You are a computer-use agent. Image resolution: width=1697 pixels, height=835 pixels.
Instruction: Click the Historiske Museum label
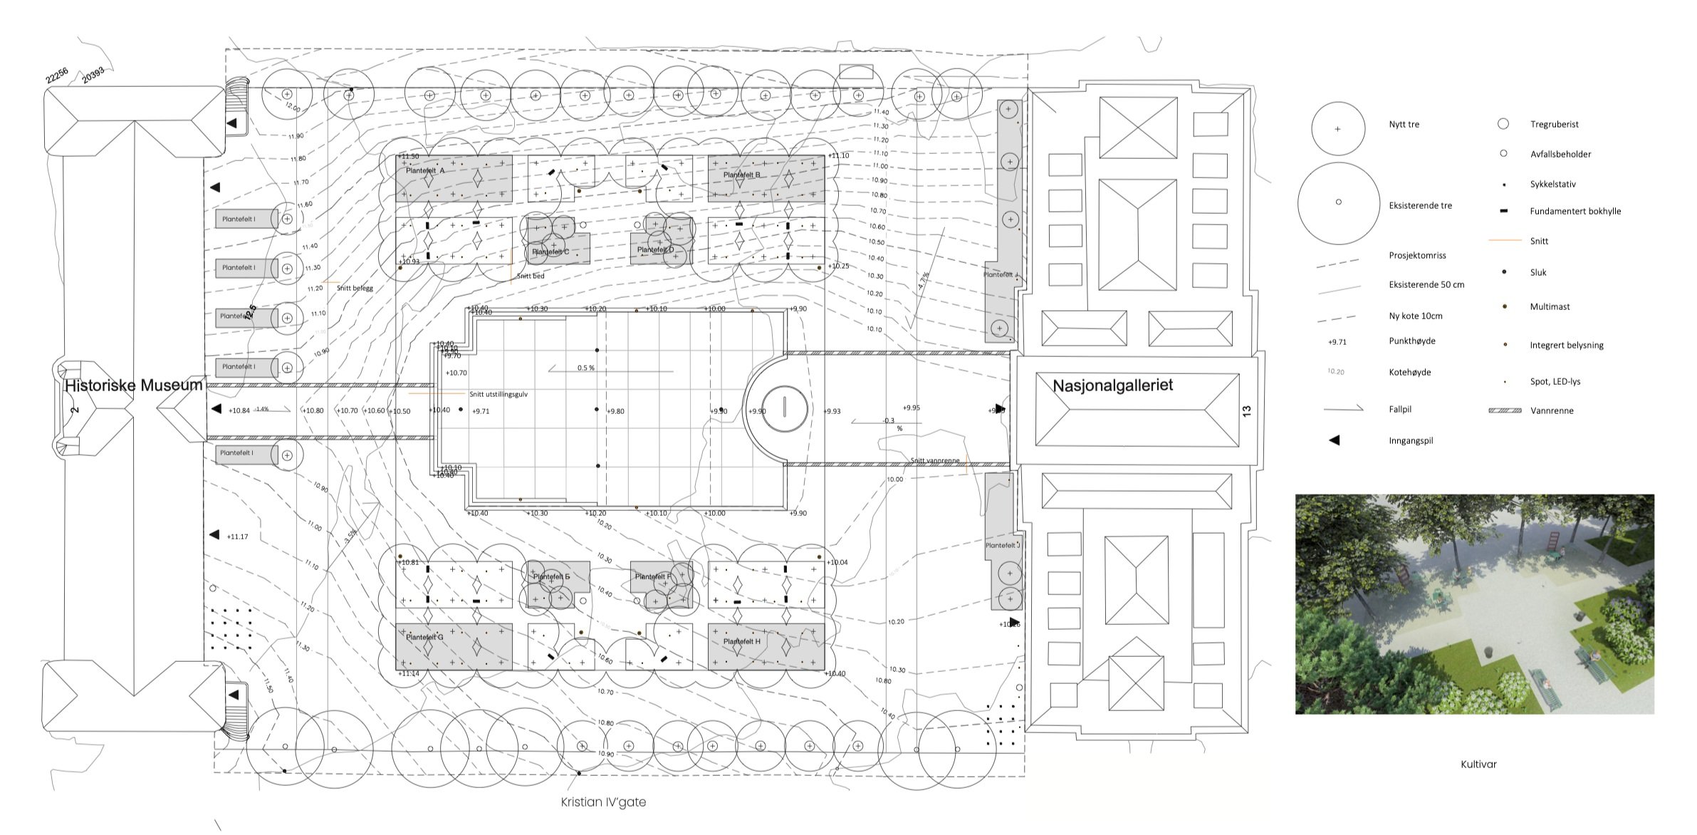[x=133, y=385]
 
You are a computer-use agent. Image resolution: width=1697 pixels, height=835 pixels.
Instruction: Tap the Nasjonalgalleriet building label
[x=1112, y=385]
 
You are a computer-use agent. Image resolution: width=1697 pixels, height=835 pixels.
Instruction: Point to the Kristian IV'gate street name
[x=603, y=802]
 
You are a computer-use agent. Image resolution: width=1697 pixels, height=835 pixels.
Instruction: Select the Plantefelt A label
[x=424, y=171]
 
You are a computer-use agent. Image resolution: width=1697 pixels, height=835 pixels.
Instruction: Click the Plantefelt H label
[x=741, y=641]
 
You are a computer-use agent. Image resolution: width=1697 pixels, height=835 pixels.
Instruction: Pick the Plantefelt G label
[x=424, y=637]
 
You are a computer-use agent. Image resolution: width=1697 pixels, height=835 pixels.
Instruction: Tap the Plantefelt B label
[x=741, y=175]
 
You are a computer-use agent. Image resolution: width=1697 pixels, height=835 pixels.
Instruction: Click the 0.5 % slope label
[x=585, y=368]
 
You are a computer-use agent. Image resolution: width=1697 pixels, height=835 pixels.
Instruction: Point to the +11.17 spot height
[x=237, y=536]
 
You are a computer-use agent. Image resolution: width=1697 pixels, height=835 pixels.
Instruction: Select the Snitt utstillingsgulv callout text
[x=498, y=394]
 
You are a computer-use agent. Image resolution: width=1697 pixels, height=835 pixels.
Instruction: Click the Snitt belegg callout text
[x=355, y=289]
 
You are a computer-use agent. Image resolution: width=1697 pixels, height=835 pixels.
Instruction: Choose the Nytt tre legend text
[x=1404, y=125]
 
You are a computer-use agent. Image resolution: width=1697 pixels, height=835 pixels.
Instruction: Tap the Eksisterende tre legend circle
[x=1338, y=202]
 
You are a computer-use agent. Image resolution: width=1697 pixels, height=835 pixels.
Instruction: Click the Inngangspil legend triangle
[x=1335, y=440]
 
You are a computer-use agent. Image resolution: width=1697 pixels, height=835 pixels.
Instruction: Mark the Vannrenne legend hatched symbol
[x=1505, y=410]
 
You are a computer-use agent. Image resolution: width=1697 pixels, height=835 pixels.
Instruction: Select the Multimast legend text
[x=1550, y=307]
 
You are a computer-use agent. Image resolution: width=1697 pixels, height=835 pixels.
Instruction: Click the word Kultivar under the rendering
[x=1478, y=764]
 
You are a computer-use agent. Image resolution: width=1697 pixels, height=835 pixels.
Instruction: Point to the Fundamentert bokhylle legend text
[x=1575, y=212]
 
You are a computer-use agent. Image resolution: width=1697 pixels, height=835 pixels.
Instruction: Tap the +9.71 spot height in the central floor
[x=481, y=411]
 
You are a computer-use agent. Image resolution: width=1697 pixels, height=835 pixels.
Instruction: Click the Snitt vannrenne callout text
[x=934, y=460]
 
